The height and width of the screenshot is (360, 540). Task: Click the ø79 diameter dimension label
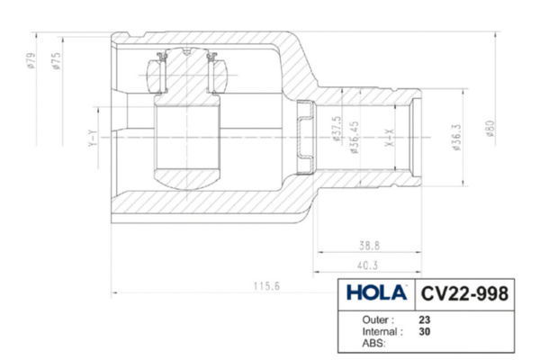[x=31, y=60]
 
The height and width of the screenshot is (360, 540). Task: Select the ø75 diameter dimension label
[x=57, y=61]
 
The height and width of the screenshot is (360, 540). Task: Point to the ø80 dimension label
[x=490, y=129]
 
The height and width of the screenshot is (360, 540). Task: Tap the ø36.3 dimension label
[x=456, y=137]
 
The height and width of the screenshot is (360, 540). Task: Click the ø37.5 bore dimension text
[x=337, y=129]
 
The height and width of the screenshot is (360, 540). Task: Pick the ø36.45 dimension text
[x=355, y=137]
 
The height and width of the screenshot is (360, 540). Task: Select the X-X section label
[x=389, y=138]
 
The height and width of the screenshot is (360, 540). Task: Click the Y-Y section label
[x=93, y=138]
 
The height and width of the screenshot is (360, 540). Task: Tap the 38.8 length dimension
[x=369, y=246]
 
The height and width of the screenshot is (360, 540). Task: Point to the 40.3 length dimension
[x=367, y=265]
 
